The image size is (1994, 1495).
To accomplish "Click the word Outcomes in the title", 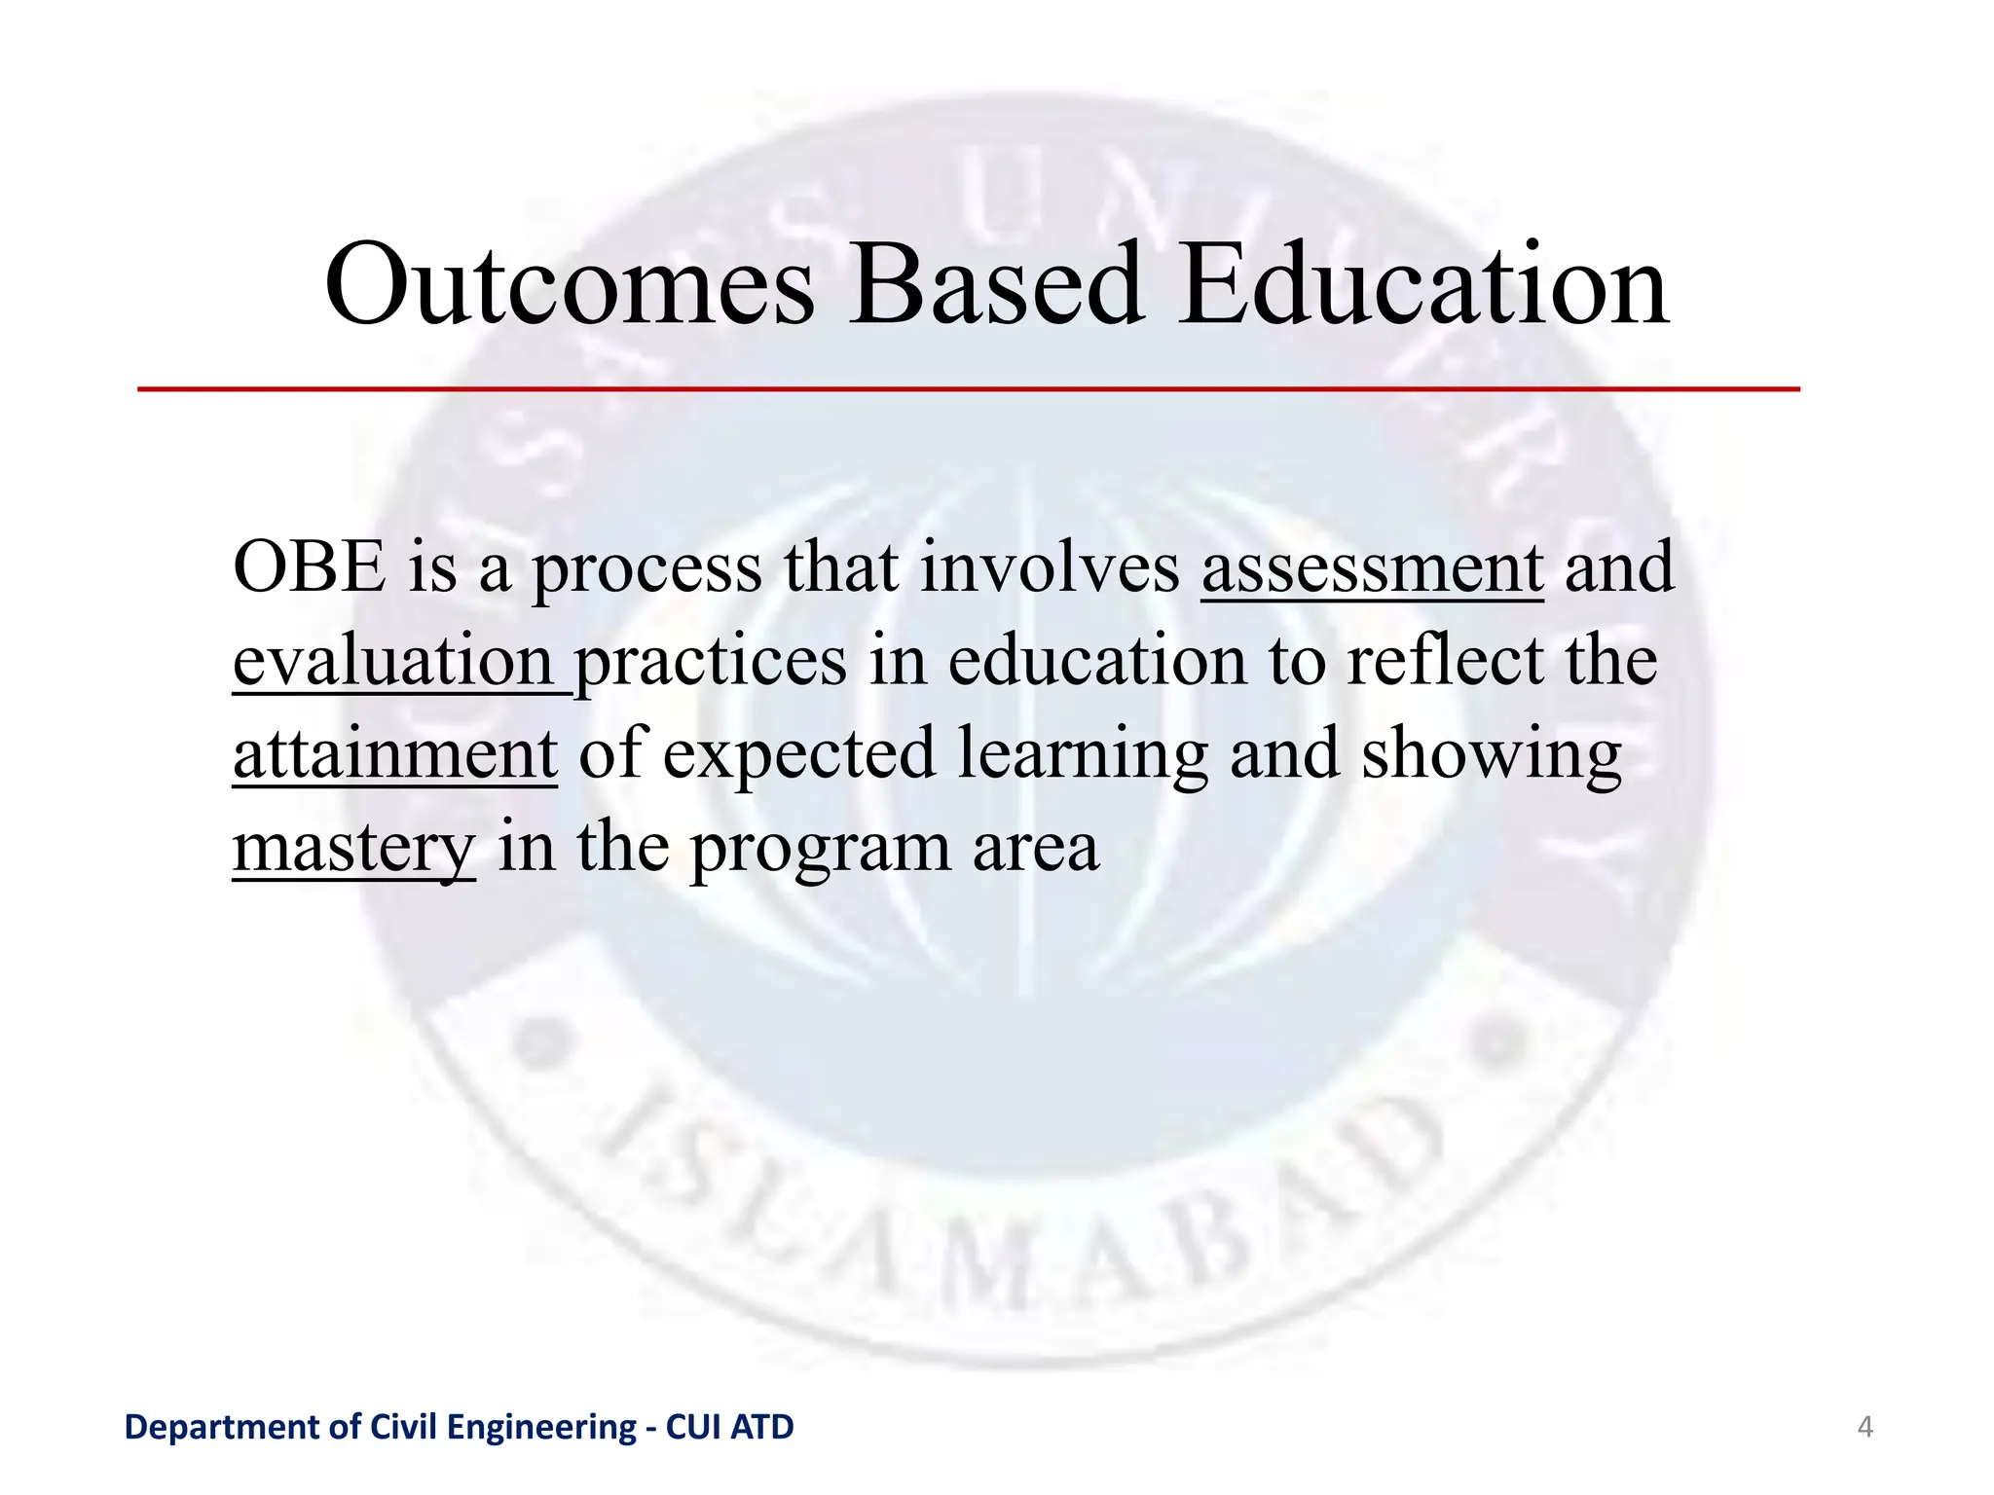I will pos(570,285).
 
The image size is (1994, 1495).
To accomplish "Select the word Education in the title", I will pos(1424,285).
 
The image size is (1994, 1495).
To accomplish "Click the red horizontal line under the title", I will pos(968,389).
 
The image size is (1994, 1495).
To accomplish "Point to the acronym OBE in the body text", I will pos(310,568).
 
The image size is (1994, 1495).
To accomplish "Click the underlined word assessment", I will pos(1372,568).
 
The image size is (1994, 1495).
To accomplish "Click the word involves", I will pos(1049,568).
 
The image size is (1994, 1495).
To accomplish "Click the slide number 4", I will pos(1865,1428).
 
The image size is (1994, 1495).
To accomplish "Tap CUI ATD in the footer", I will pos(729,1428).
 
